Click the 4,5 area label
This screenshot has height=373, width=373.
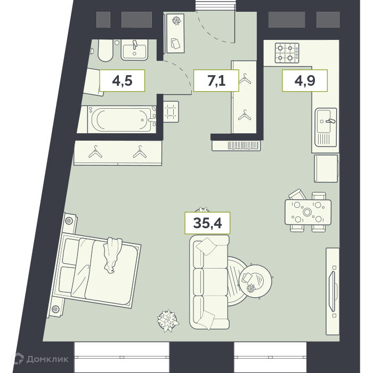tap(122, 80)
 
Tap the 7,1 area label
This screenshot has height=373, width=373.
tap(216, 80)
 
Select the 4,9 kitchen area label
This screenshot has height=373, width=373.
tap(305, 80)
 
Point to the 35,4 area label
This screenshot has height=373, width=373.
tap(207, 223)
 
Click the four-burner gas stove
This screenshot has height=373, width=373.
tap(287, 53)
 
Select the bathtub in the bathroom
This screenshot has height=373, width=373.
tap(122, 119)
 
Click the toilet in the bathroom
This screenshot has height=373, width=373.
tap(105, 51)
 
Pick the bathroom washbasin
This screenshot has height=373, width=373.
tap(134, 50)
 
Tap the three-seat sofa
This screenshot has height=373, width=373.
tap(209, 282)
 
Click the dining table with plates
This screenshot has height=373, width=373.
tap(308, 212)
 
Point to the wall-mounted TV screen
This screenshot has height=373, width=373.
tap(332, 291)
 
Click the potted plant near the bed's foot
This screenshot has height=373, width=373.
tap(168, 320)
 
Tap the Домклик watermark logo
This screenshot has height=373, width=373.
tap(40, 359)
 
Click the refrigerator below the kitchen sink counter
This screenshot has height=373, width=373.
tap(326, 168)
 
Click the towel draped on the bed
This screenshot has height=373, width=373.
tap(111, 255)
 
